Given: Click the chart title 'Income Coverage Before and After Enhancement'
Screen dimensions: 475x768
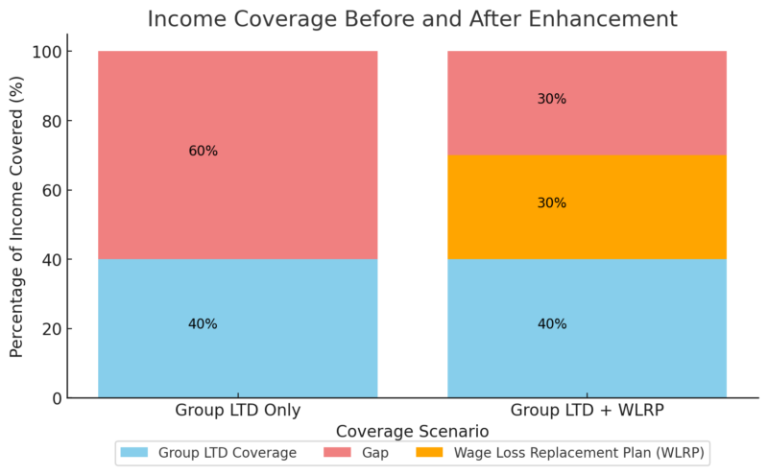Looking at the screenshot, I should [411, 19].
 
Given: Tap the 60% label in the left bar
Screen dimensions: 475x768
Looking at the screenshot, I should [203, 151].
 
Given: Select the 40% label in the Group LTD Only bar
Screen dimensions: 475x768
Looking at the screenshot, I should [203, 324].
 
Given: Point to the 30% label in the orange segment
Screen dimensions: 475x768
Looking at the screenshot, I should [552, 203].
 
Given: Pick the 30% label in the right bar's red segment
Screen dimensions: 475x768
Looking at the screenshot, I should [552, 99].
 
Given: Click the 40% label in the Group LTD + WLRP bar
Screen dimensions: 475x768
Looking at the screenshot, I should [552, 324].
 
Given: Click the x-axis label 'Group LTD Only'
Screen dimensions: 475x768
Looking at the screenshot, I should [237, 411].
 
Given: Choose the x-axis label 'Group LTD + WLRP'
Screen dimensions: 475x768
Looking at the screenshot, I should [587, 411].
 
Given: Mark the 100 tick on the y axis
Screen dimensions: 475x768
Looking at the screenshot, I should [74, 52].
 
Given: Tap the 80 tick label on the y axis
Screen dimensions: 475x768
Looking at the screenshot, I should [78, 121].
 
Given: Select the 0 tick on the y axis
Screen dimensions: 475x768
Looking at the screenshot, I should [82, 398].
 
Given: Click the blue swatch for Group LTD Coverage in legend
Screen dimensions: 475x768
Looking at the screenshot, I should [134, 452].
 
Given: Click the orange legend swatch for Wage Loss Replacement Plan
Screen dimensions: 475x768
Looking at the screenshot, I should [429, 452].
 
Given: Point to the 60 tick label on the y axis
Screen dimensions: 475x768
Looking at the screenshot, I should [78, 190].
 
